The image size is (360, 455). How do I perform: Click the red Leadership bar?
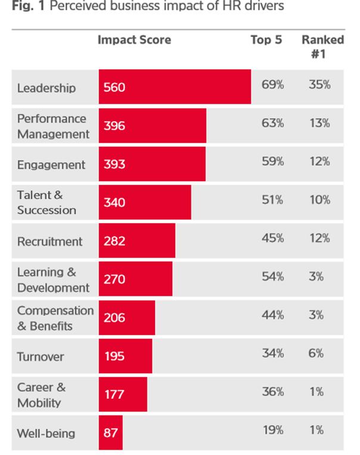pos(175,87)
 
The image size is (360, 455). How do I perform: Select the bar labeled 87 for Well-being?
pos(111,433)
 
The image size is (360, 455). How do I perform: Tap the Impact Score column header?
pos(134,40)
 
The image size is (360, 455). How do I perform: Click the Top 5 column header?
pos(266,40)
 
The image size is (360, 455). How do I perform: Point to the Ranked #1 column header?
pos(322,46)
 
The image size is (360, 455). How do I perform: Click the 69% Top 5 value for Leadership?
pos(272,85)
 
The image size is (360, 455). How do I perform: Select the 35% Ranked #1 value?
pos(319,85)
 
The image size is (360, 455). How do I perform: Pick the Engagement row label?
pos(51,165)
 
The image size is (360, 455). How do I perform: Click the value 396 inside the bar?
pos(114,126)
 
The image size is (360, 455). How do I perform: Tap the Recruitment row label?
pos(49,242)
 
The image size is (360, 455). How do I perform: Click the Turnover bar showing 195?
pos(126,356)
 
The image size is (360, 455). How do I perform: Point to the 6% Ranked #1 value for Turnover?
pos(316,353)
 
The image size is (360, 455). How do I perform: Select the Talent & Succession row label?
pos(46,203)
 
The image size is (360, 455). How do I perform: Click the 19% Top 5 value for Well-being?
pos(272,430)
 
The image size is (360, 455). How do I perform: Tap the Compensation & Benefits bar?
pos(127,318)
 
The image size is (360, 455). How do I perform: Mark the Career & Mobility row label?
pos(42,395)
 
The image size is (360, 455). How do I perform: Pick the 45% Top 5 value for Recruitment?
pos(272,238)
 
